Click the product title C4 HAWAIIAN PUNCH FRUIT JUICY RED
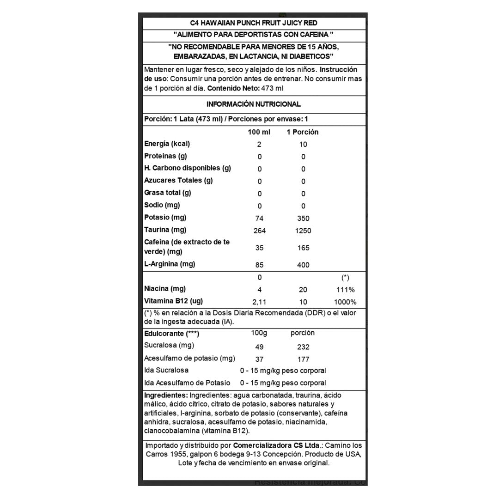(x=254, y=23)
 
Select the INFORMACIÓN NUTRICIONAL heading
(x=254, y=104)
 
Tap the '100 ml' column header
(x=259, y=132)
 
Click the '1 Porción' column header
(x=303, y=132)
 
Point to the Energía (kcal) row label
(x=167, y=144)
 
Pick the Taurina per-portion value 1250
(x=303, y=231)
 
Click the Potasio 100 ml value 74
(x=259, y=218)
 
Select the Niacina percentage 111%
(x=345, y=290)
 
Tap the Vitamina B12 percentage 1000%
(x=345, y=302)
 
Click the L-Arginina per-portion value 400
(x=303, y=265)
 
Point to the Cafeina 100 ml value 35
(x=259, y=248)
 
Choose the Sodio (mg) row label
(x=162, y=205)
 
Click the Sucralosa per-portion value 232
(x=303, y=347)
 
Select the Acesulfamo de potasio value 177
(x=303, y=359)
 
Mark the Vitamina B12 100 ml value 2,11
(x=259, y=302)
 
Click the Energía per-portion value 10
(x=303, y=144)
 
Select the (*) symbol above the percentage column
(x=345, y=278)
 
